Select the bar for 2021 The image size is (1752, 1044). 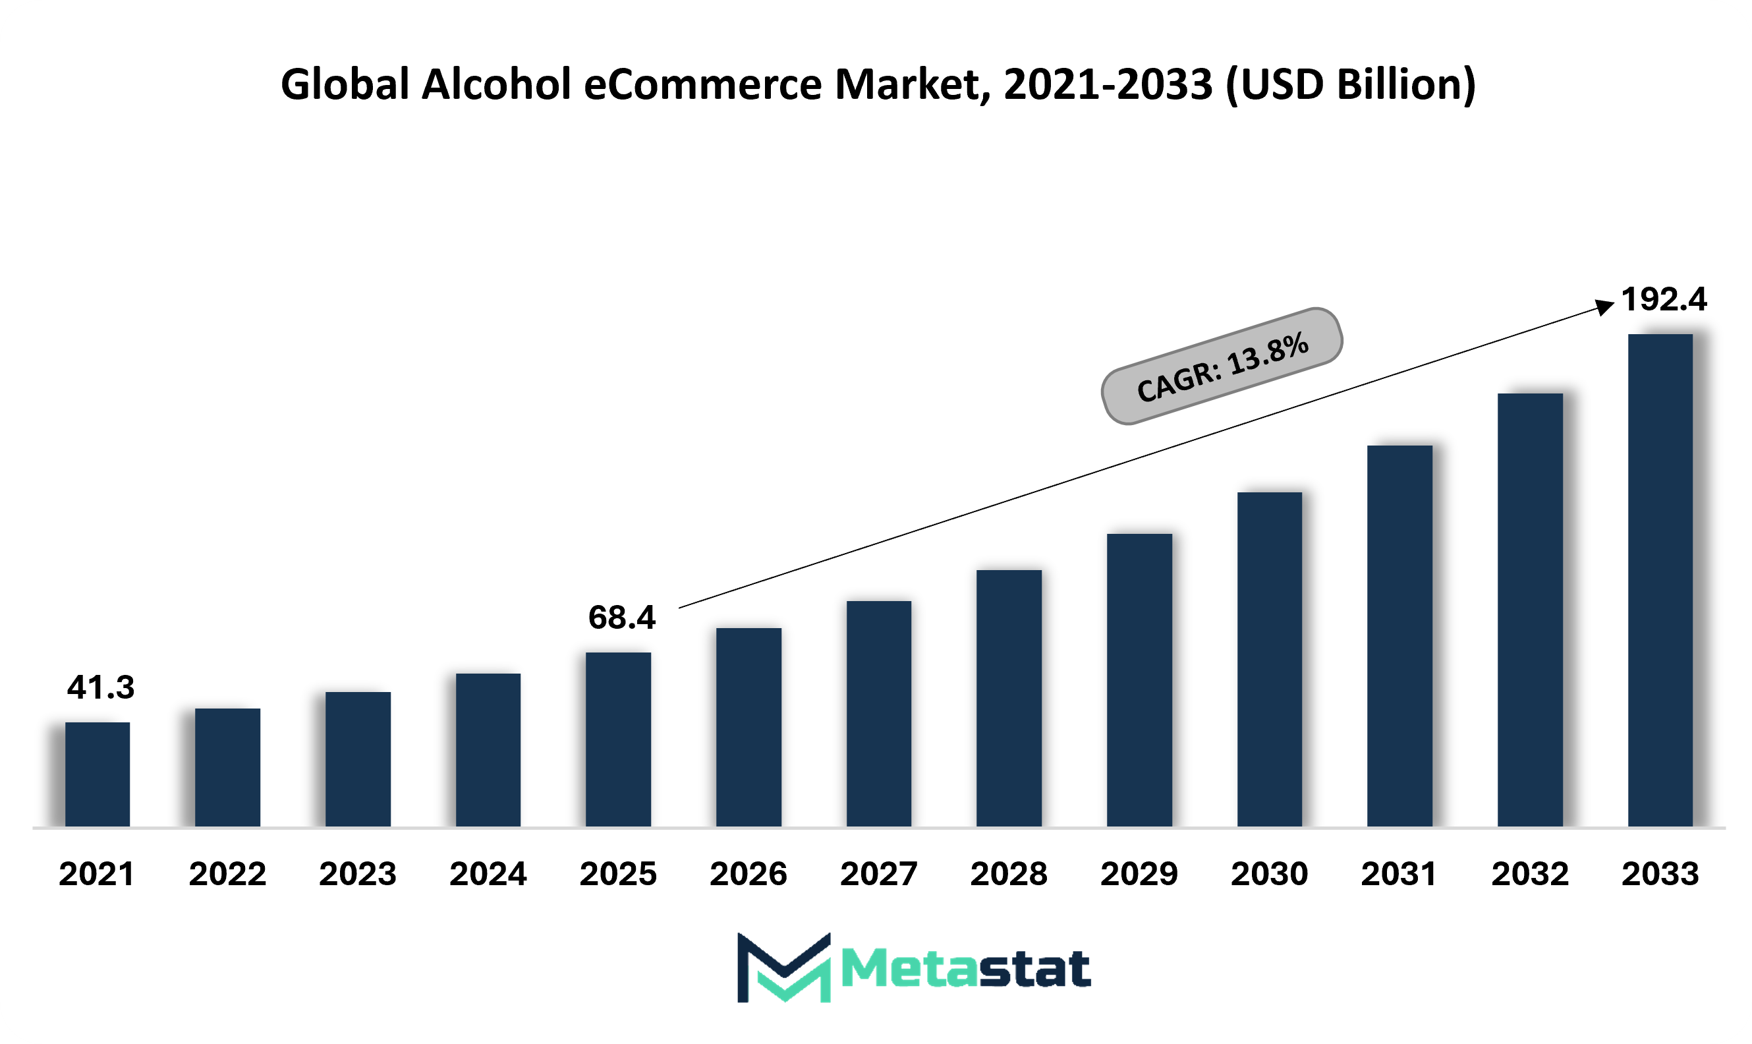pos(97,774)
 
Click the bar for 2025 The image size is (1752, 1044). pos(618,739)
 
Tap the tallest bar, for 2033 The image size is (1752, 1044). pos(1660,581)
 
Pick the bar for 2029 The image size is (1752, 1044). pos(1139,680)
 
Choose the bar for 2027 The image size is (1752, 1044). pos(878,713)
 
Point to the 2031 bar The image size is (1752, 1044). pos(1399,635)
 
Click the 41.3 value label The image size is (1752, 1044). pos(101,687)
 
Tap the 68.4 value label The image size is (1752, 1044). pos(622,618)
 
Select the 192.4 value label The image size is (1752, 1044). pos(1664,300)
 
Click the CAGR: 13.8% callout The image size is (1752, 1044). pos(1222,366)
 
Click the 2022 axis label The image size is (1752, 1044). pos(227,874)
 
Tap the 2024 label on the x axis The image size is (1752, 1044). pos(488,874)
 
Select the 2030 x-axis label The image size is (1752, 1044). pos(1270,874)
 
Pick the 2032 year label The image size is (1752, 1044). pos(1530,874)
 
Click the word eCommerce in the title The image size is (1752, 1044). pos(702,84)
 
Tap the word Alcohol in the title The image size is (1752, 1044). pos(496,84)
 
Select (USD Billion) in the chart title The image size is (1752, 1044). pos(1350,84)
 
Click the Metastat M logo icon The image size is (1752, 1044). pos(783,968)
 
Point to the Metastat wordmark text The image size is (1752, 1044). pos(966,970)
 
